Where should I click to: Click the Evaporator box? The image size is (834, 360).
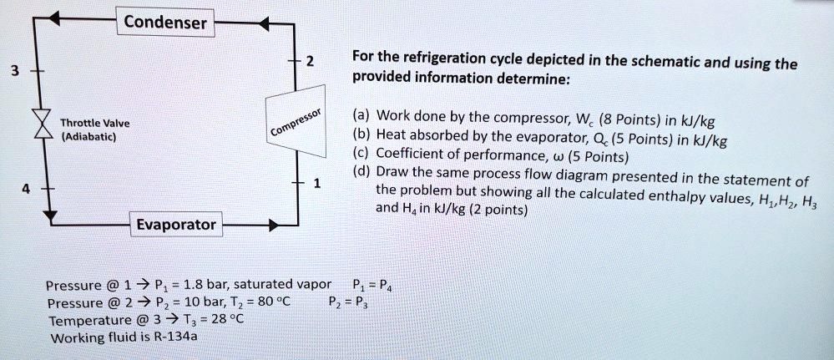177,225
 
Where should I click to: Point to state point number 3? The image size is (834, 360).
11,70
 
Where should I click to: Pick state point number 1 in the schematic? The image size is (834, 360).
316,184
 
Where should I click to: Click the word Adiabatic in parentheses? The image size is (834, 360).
93,135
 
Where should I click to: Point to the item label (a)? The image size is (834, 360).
361,115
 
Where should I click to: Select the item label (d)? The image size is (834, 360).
361,172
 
